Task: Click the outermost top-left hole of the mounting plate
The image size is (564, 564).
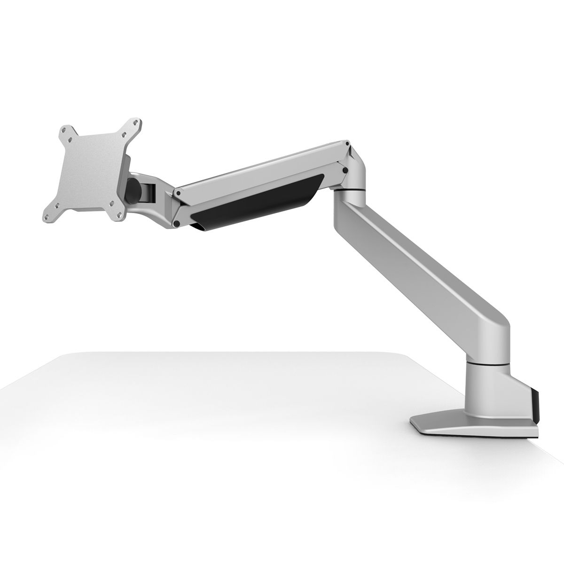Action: coord(64,129)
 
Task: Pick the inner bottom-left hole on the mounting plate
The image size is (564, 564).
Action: coord(58,205)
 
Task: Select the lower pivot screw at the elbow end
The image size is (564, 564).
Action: coord(345,170)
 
